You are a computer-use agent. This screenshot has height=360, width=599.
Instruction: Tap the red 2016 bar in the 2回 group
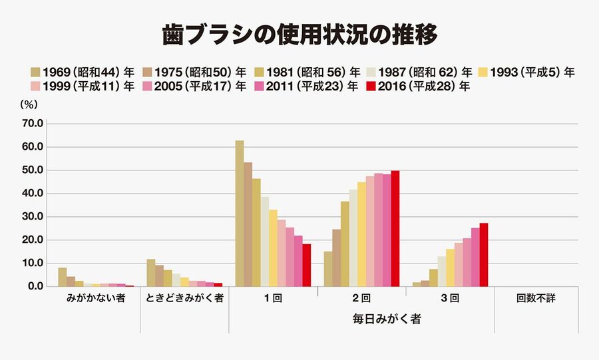[395, 228]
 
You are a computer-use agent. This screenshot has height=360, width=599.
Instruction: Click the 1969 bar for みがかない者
[63, 277]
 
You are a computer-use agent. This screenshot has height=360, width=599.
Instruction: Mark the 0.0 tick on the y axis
[35, 286]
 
